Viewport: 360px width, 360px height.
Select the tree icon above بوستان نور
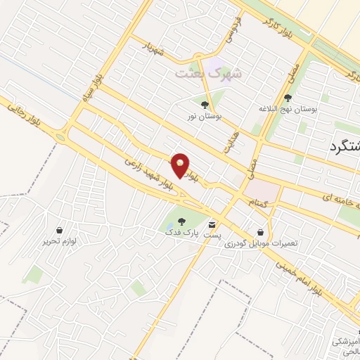205,105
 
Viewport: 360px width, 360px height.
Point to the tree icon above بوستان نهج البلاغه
289,98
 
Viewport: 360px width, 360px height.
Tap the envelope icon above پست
212,226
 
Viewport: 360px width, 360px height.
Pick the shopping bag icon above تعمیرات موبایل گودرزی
261,231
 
